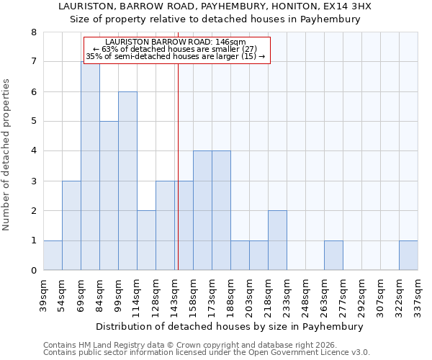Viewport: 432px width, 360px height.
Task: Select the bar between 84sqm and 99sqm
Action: [109, 196]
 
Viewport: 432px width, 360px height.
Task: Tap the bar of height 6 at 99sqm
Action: [127, 181]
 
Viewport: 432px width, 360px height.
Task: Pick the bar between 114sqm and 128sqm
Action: [146, 240]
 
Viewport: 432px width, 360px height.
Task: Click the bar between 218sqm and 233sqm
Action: [277, 240]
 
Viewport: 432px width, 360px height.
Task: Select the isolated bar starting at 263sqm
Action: [333, 256]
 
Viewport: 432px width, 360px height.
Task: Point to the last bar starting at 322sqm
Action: [408, 256]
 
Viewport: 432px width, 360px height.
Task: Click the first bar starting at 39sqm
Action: [53, 256]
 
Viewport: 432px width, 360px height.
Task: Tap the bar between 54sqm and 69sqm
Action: [71, 225]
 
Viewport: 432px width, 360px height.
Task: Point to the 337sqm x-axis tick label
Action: [418, 294]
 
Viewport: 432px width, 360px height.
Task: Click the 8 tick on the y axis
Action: [33, 32]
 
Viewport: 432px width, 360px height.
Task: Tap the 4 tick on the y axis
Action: [33, 151]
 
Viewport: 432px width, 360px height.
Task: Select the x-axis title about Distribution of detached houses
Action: [229, 326]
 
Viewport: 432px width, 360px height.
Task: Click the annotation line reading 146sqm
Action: [176, 42]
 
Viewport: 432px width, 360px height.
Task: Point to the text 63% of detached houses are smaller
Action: [176, 49]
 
